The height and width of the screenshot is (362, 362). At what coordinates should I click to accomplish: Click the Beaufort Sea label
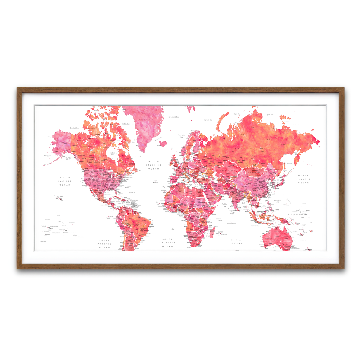(x=74, y=128)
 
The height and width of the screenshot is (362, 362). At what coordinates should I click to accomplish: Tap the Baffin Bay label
(x=126, y=124)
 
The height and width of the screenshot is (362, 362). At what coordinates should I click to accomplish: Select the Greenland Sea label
(x=173, y=117)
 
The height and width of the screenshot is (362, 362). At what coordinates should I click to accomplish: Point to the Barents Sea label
(x=208, y=120)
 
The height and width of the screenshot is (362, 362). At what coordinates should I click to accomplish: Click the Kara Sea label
(x=237, y=114)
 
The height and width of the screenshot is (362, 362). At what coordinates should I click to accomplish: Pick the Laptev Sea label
(x=269, y=115)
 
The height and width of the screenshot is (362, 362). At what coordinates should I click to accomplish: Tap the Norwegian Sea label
(x=181, y=136)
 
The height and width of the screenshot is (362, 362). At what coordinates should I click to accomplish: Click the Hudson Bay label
(x=113, y=154)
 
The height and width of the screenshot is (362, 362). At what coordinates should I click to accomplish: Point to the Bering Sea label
(x=48, y=156)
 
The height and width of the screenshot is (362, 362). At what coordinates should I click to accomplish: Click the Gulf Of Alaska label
(x=68, y=159)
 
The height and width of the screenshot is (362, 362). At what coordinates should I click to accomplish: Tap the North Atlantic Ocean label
(x=154, y=165)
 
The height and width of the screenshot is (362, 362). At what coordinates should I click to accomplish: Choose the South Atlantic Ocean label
(x=167, y=243)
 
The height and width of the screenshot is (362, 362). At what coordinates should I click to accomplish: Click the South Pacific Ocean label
(x=104, y=244)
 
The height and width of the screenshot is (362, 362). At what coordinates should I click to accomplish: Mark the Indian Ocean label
(x=237, y=242)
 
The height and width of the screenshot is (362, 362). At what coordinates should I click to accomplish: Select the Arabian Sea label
(x=225, y=205)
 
